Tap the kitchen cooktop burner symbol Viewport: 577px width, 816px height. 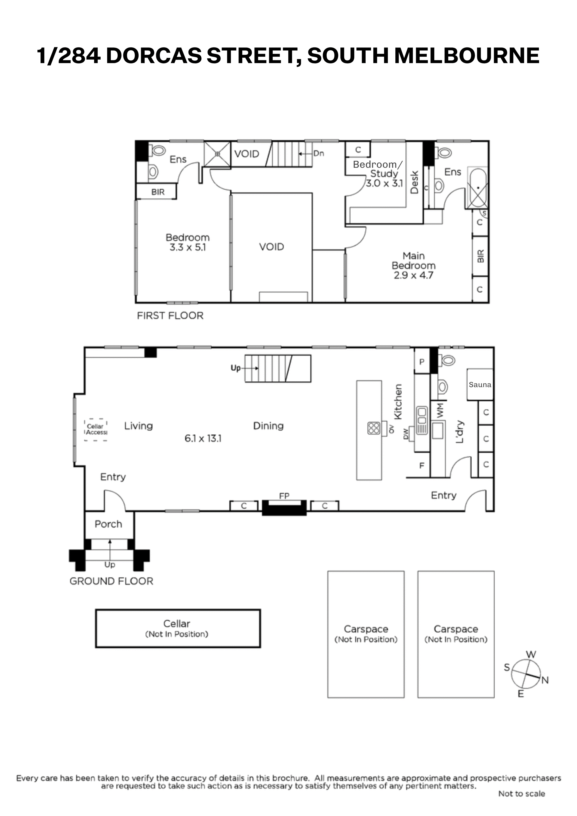374,428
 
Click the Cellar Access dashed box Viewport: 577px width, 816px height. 96,430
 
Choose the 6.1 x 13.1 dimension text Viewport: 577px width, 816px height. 203,438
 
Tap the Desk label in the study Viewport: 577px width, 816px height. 414,182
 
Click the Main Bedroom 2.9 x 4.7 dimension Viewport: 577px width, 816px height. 413,275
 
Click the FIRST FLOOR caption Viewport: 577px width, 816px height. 170,316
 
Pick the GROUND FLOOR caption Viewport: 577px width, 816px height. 111,581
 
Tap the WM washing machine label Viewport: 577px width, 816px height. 440,410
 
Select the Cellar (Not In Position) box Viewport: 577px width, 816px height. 178,628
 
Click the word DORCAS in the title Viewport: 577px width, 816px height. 154,56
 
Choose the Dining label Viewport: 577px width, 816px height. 268,426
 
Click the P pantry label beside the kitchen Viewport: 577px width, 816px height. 422,362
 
